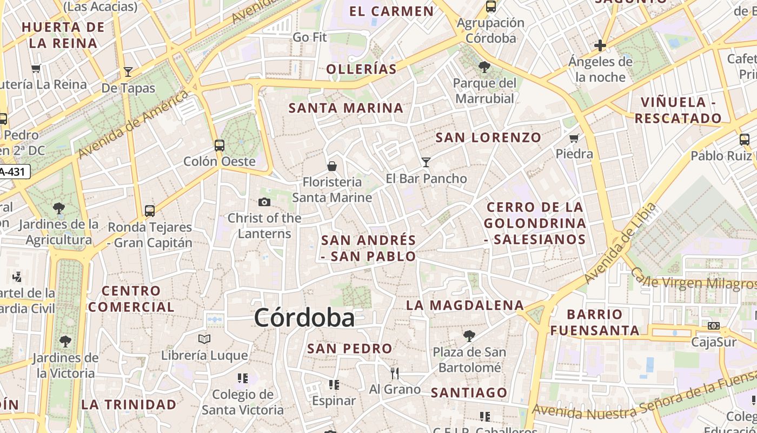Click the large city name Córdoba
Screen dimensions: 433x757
[304, 318]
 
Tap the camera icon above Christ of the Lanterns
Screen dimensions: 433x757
[264, 202]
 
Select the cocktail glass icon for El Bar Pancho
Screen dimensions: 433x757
[426, 162]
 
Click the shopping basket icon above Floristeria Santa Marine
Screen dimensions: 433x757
[332, 166]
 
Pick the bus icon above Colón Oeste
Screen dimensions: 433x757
[219, 145]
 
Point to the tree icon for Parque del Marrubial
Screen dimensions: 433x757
[484, 67]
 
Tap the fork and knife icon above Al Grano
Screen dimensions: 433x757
[395, 373]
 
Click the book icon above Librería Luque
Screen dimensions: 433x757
[204, 339]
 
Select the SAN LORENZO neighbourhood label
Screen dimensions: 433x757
[488, 137]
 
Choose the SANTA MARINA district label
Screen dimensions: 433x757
[346, 108]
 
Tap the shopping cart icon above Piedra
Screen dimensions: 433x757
[574, 138]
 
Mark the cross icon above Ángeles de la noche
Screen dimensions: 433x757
[600, 45]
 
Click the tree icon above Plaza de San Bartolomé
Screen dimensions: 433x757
[469, 336]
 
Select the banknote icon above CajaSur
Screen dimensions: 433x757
[714, 326]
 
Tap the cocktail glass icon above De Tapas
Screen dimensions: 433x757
[128, 71]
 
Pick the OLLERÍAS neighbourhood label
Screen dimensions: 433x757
[362, 69]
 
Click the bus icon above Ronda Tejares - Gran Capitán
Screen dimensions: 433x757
[150, 211]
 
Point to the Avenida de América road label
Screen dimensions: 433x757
[133, 124]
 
